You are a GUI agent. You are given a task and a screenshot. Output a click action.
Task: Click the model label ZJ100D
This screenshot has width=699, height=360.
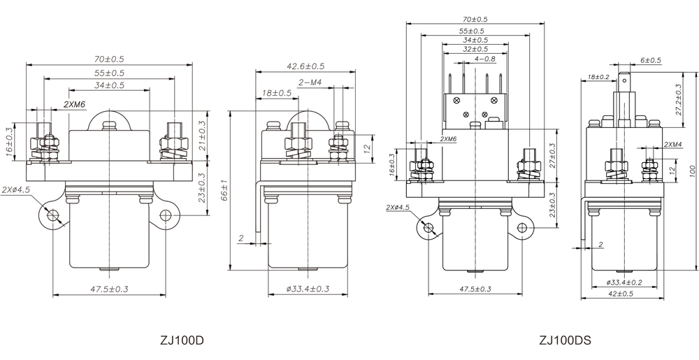[182, 341]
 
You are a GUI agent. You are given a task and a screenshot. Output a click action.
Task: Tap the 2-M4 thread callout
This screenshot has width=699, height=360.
[310, 82]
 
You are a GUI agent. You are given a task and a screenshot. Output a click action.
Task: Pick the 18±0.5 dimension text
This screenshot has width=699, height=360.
[277, 93]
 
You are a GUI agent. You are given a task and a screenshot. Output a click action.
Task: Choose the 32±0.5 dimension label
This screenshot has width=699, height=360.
[475, 49]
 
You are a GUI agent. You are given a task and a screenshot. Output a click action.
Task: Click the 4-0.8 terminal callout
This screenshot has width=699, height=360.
[484, 59]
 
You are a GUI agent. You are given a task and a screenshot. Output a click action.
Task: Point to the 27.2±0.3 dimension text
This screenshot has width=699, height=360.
[678, 100]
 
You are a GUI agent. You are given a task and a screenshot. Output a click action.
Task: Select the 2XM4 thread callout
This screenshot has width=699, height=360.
[672, 145]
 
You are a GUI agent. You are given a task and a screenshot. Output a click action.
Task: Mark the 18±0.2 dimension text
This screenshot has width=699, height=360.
[598, 76]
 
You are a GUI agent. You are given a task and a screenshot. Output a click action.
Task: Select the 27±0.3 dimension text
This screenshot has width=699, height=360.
[553, 154]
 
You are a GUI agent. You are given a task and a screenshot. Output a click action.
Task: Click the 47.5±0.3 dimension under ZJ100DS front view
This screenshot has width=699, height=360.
[475, 288]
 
